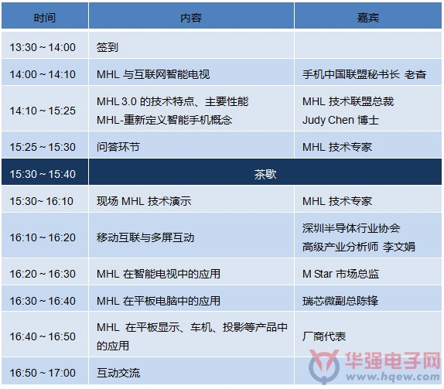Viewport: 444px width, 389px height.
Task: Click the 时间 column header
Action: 45,18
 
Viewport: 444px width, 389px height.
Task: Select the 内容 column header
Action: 191,18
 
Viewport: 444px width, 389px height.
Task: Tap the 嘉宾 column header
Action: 368,18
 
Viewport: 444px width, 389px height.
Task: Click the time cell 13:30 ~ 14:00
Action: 43,47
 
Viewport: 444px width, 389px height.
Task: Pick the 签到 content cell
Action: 108,47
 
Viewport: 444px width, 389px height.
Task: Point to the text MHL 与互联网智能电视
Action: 153,74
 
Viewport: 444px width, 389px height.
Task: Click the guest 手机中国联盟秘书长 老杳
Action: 364,74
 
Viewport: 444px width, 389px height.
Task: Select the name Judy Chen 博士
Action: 340,120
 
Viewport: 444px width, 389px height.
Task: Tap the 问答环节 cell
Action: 118,147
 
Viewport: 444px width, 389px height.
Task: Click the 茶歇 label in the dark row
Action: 265,174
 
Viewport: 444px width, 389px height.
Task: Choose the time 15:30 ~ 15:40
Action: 43,174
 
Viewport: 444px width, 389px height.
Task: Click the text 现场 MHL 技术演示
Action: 144,201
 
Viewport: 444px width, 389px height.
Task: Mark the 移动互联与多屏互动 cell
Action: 145,237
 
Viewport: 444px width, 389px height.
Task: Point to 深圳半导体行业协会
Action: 351,228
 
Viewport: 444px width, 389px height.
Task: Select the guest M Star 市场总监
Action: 340,274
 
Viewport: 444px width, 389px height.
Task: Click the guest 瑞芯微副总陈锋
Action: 340,301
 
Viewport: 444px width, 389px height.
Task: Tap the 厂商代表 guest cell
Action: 324,336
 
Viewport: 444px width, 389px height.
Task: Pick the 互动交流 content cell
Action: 118,373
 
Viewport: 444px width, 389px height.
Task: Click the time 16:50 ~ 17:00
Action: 43,373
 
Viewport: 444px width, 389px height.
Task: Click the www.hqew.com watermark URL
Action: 392,377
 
